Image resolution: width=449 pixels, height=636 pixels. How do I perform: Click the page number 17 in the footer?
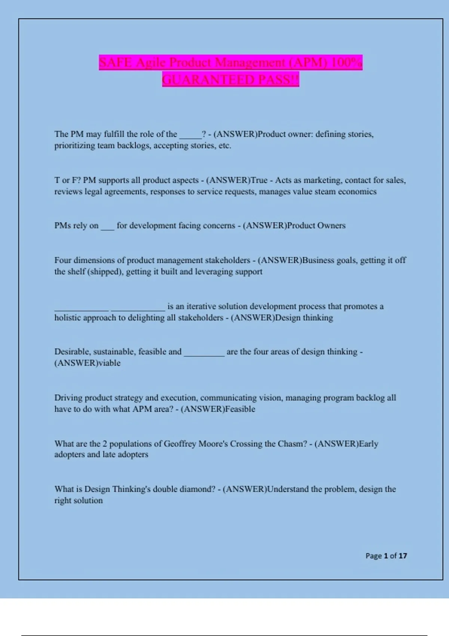(x=403, y=556)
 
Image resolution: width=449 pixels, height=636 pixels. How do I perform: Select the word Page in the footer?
(x=373, y=556)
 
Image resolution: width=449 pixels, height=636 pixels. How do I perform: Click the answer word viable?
(x=109, y=363)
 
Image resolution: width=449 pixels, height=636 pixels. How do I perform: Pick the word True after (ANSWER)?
(x=259, y=180)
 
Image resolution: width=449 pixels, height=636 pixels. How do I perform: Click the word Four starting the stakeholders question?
(x=62, y=260)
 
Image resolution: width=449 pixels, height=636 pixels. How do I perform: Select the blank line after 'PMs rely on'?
(x=107, y=227)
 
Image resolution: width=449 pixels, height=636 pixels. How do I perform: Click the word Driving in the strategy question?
(x=68, y=398)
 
